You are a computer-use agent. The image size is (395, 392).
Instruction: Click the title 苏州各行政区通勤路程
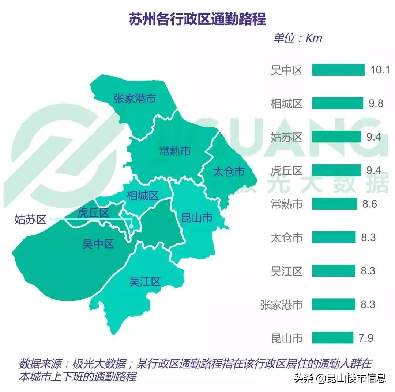point(197,19)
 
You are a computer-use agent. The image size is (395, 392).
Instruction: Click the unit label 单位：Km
point(297,38)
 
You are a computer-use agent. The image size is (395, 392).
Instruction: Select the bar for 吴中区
point(338,70)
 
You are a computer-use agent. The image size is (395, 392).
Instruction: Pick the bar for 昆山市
point(333,338)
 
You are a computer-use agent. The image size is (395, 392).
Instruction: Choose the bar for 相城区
point(337,103)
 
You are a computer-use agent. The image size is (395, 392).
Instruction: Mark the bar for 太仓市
point(334,237)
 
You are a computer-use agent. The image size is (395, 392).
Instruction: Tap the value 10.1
point(380,70)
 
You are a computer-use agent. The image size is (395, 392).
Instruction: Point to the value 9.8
point(376,103)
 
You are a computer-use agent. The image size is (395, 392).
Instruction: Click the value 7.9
point(366,338)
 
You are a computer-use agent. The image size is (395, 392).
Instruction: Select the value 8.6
point(369,204)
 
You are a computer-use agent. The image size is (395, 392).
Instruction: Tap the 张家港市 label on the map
point(135,99)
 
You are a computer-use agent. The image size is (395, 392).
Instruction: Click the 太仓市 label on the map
point(228,172)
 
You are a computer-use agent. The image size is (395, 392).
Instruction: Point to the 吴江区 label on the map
point(145,281)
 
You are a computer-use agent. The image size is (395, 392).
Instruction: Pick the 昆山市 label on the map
point(197,218)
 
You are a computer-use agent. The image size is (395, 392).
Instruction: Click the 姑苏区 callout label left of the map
point(30,219)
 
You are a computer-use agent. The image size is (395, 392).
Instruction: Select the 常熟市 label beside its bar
point(287,204)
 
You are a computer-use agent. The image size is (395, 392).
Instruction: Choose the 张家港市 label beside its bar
point(281,304)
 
